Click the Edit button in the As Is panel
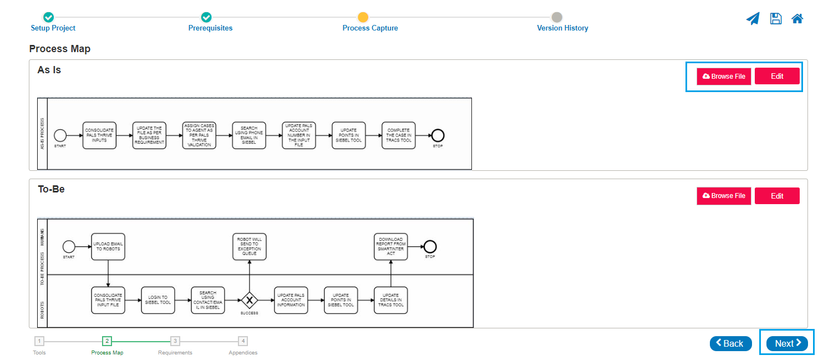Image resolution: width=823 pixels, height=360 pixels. pos(777,76)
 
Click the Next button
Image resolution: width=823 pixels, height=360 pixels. pos(787,343)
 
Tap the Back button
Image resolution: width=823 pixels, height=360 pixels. pos(730,343)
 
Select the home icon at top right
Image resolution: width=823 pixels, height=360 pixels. pos(797,19)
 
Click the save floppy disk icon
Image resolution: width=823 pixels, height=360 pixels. pos(775,19)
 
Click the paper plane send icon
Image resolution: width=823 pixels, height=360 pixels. pos(753,19)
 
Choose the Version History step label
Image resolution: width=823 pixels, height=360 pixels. pos(562,28)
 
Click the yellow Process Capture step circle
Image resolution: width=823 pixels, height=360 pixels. pos(363,17)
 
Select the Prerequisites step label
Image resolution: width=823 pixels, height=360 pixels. pos(210,28)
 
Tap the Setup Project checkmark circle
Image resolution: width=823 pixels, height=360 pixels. pos(49,17)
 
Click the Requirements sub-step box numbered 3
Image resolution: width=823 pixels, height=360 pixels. pos(175,341)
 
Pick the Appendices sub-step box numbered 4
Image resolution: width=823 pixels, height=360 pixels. pos(243,341)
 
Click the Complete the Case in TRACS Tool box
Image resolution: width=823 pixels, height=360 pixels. pos(399,135)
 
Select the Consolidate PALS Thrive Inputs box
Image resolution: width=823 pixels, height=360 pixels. pos(99,135)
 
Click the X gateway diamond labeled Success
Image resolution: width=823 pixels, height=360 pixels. pos(250,300)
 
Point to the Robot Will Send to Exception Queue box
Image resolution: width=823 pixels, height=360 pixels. pos(249,247)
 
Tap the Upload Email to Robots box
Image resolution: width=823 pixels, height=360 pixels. pos(108,247)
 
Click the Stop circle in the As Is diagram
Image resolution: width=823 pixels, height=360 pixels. pos(438,135)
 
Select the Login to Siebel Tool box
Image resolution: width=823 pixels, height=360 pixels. pos(158,300)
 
